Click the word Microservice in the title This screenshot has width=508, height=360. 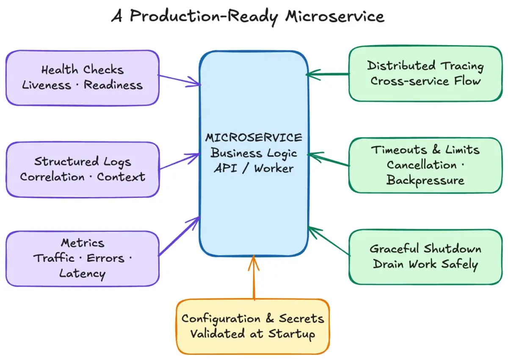pyautogui.click(x=335, y=16)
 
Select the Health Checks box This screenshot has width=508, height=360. pyautogui.click(x=83, y=78)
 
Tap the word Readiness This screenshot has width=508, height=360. pyautogui.click(x=113, y=85)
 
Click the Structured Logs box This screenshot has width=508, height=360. pyautogui.click(x=83, y=170)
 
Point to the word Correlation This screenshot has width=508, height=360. pyautogui.click(x=52, y=177)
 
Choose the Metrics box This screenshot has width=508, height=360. pyautogui.click(x=83, y=259)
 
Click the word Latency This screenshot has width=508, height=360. pyautogui.click(x=82, y=274)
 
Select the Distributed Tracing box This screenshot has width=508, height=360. pyautogui.click(x=425, y=74)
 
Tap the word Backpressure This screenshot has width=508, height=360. pyautogui.click(x=425, y=181)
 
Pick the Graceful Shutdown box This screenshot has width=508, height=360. pyautogui.click(x=425, y=257)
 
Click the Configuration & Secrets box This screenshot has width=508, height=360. pyautogui.click(x=253, y=327)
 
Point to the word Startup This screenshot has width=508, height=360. pyautogui.click(x=292, y=334)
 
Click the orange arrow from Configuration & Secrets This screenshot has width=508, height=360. pyautogui.click(x=254, y=278)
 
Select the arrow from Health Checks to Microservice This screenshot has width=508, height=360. pyautogui.click(x=179, y=80)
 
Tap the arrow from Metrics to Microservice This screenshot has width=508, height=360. pyautogui.click(x=179, y=236)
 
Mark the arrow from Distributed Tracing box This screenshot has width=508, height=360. pyautogui.click(x=328, y=74)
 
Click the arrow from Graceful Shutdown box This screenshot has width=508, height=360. pyautogui.click(x=329, y=241)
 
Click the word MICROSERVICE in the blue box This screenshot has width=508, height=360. pyautogui.click(x=254, y=138)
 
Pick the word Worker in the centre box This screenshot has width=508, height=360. pyautogui.click(x=274, y=168)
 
